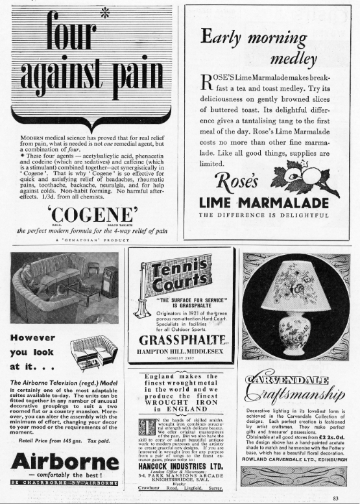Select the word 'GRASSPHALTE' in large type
(180, 340)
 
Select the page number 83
(335, 498)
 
